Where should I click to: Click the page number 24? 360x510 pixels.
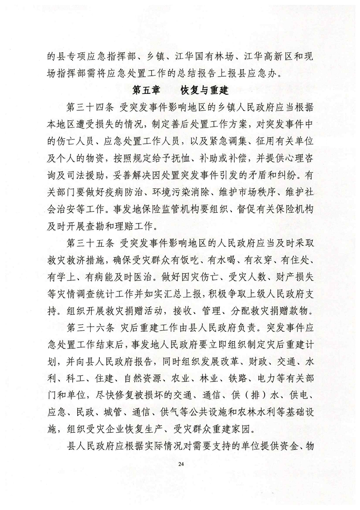(180, 463)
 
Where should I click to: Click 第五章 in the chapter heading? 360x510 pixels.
(145, 88)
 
